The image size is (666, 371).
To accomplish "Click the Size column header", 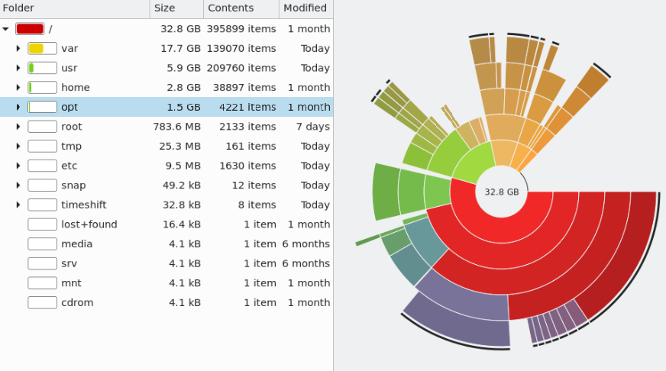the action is pos(164,8).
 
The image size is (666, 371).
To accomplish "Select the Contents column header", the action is pos(231,8).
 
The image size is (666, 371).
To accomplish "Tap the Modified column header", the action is pos(305,8).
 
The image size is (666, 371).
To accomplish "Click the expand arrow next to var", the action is pos(18,48).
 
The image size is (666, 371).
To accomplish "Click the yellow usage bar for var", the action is pos(36,48).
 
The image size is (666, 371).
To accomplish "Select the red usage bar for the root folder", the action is pos(30,29).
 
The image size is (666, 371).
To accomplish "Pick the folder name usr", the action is pos(70,68).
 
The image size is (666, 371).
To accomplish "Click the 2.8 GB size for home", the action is pos(183,88).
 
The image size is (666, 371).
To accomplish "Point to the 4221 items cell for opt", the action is pos(247,107).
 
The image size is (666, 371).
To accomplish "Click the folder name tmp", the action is pos(71,147).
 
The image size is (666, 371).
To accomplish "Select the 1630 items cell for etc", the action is pos(247,166).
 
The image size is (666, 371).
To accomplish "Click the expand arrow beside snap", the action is pos(18,185).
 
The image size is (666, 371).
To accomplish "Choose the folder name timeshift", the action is pos(84,205).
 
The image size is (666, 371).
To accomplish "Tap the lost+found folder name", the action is pos(89,224).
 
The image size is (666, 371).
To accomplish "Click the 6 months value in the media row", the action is pos(306,244).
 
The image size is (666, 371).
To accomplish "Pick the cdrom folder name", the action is pos(77,302).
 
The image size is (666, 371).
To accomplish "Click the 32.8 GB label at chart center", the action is pos(502,192).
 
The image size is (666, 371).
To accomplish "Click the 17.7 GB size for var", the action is pos(180,48).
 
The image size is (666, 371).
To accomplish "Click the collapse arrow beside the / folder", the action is pos(5,29).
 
